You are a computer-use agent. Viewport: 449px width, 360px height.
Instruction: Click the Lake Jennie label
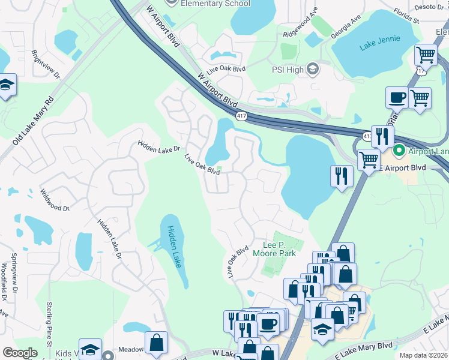click(379, 46)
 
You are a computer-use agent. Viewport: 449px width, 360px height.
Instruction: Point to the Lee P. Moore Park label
click(280, 249)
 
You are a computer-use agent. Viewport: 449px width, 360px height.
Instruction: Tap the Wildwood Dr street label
click(55, 200)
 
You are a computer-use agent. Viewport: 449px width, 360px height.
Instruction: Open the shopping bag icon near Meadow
click(156, 343)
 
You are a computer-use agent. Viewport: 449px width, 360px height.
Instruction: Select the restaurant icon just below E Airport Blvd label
click(341, 176)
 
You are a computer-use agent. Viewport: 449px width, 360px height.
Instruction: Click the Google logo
click(20, 353)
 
